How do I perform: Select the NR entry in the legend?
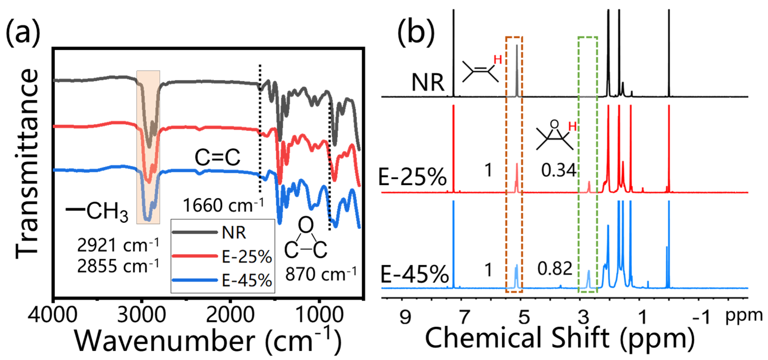coord(234,233)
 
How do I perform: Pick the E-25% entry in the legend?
coord(247,256)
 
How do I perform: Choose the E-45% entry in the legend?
coord(247,280)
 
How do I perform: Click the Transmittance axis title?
coord(27,164)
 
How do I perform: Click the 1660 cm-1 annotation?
coord(223,206)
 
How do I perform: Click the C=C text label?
coord(217,157)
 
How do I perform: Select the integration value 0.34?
coord(558,170)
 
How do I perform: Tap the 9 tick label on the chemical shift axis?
coord(405,317)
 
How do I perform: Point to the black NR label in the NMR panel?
coord(428,82)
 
